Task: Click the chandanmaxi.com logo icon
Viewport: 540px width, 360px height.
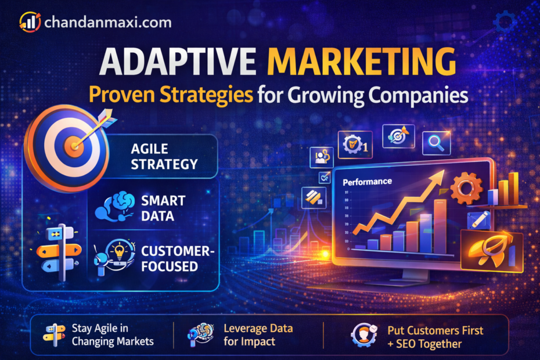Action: coord(29,21)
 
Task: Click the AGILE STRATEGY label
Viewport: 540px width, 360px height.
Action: coord(164,156)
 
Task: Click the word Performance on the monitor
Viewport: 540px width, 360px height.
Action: coord(367,182)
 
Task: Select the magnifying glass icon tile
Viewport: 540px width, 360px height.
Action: coord(436,142)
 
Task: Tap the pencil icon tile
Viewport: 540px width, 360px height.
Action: coord(478,220)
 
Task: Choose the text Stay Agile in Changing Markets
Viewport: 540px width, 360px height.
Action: coord(113,335)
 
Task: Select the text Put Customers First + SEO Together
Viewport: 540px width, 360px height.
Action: coord(435,337)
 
